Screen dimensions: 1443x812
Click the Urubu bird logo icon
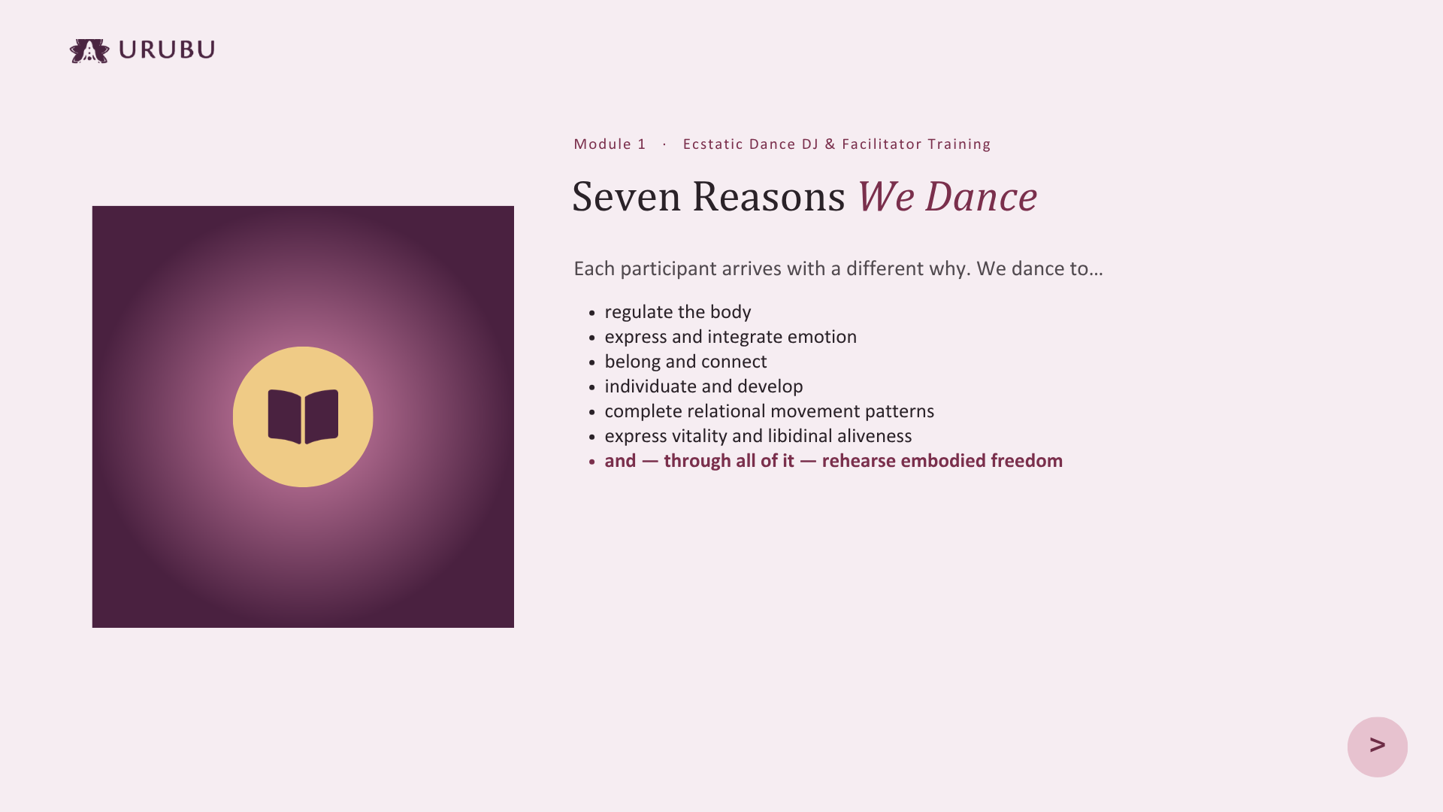(x=89, y=51)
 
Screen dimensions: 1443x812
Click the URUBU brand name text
(x=167, y=50)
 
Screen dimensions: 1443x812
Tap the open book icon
(x=303, y=417)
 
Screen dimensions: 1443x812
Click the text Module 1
(x=610, y=144)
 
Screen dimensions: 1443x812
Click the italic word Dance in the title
(x=981, y=196)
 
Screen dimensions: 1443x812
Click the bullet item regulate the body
(x=678, y=312)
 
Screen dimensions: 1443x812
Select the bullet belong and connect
(x=685, y=362)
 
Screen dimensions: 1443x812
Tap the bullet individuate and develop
(x=703, y=386)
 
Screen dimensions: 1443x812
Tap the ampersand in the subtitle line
(x=830, y=144)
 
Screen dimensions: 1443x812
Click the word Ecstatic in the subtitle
(x=713, y=144)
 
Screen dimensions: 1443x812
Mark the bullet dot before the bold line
(x=592, y=462)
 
